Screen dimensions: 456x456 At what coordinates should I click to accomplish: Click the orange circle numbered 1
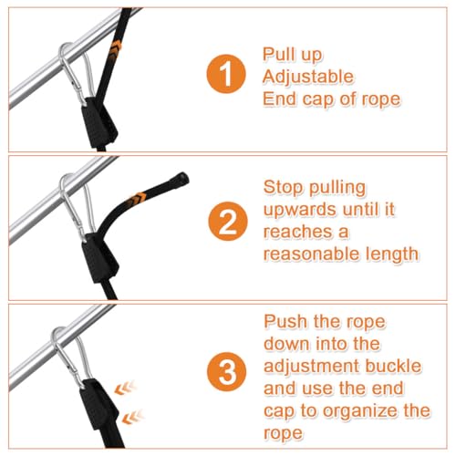225,74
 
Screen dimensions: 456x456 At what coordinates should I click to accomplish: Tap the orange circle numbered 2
228,222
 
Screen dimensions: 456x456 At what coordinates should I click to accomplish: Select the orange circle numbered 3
226,371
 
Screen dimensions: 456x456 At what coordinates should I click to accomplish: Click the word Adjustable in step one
308,78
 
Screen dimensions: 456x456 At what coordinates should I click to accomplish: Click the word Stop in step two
283,188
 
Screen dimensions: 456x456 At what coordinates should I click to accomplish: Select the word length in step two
392,254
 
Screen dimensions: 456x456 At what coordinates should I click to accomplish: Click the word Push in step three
285,322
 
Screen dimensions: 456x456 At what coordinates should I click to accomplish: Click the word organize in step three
361,412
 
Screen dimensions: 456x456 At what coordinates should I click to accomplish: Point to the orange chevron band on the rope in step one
116,48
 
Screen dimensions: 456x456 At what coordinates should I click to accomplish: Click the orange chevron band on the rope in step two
138,198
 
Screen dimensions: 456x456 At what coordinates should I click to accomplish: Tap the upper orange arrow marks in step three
125,389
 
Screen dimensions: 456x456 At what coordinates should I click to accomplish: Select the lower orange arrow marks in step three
132,417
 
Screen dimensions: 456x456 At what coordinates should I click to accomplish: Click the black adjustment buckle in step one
98,122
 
